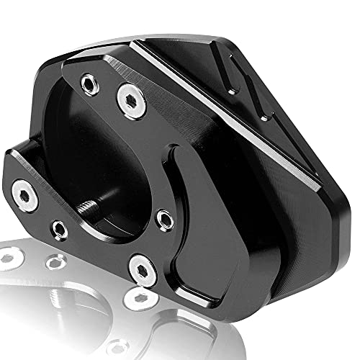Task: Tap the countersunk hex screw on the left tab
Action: coord(26,194)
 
